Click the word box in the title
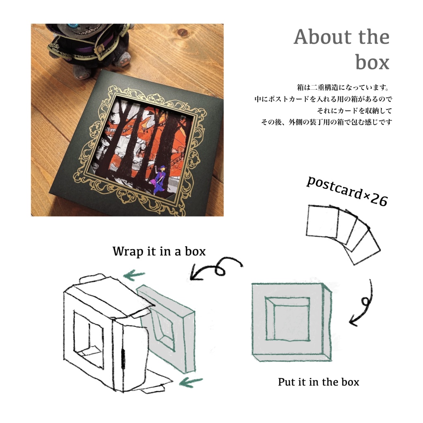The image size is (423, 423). point(372,62)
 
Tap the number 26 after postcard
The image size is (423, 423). point(379,200)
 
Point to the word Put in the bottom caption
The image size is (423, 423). point(287,382)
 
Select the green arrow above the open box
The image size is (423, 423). point(134,275)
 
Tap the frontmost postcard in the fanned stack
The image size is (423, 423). point(322,221)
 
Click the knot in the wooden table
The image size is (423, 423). point(183,32)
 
